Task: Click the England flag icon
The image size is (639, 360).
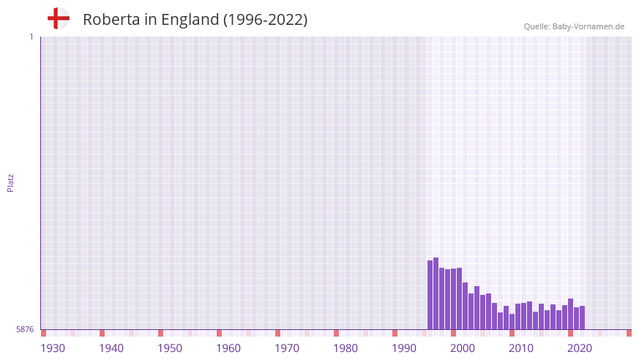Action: point(58,18)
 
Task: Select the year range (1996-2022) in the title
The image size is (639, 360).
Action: point(265,20)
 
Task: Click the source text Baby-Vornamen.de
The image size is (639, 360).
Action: point(588,26)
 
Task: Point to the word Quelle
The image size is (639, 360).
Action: point(536,26)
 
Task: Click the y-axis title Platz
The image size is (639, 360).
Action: point(10,182)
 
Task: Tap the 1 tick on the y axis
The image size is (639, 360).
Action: point(31,37)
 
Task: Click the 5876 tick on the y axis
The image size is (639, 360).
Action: point(25,330)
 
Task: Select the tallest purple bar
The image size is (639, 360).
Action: point(436,293)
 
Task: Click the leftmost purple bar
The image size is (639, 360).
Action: point(430,294)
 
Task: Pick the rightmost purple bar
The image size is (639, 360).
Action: point(583,318)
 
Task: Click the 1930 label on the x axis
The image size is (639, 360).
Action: point(53,348)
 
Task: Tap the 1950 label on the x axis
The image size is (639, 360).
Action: point(170,348)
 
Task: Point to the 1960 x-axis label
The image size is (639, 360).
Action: point(228,348)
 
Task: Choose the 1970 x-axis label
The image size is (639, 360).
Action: point(287,348)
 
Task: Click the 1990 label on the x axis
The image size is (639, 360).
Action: point(404,348)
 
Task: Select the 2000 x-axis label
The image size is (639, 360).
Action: point(463,348)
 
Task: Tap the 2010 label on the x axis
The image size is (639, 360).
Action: point(521,348)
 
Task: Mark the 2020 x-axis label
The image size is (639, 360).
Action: point(580,348)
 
